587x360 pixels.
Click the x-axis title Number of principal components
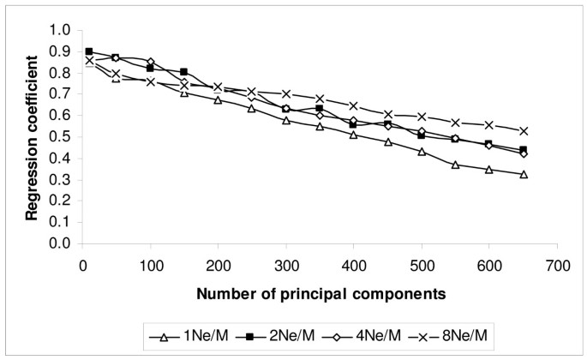tap(320, 294)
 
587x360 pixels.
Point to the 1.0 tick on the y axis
tap(58, 30)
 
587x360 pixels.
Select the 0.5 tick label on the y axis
tap(58, 137)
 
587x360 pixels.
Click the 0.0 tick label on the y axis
tap(58, 244)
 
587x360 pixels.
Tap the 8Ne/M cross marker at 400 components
tap(354, 106)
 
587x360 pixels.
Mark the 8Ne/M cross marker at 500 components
tap(422, 117)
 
